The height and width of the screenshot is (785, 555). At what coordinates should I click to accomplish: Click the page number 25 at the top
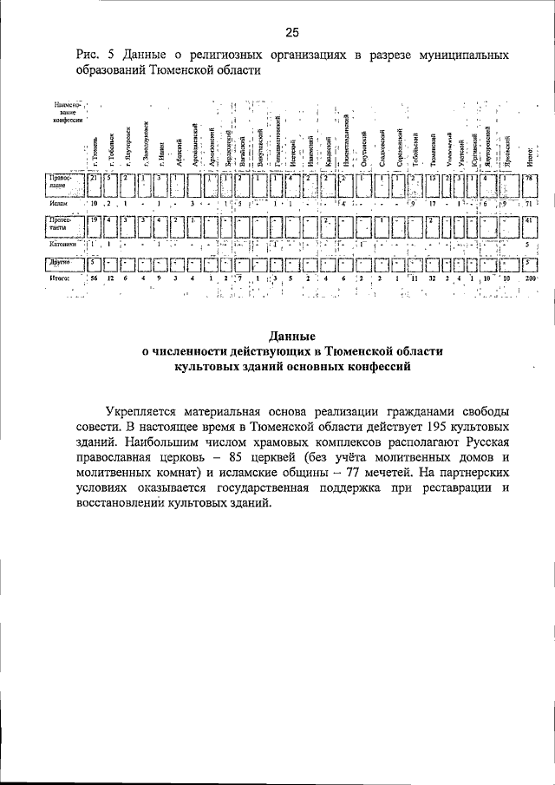click(x=291, y=33)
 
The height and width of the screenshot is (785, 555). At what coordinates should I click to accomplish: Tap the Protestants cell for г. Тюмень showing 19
click(x=95, y=221)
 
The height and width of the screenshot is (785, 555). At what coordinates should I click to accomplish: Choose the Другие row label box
click(x=65, y=261)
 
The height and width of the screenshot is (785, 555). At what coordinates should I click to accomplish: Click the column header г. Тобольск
click(x=113, y=149)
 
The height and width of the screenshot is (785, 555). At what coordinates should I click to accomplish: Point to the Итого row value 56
click(x=94, y=280)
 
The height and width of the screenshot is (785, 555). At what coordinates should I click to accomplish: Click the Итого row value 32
click(x=432, y=280)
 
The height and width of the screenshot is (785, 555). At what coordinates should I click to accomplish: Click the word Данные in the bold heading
click(x=291, y=336)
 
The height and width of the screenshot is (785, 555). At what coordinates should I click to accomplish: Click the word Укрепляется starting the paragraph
click(x=144, y=415)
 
